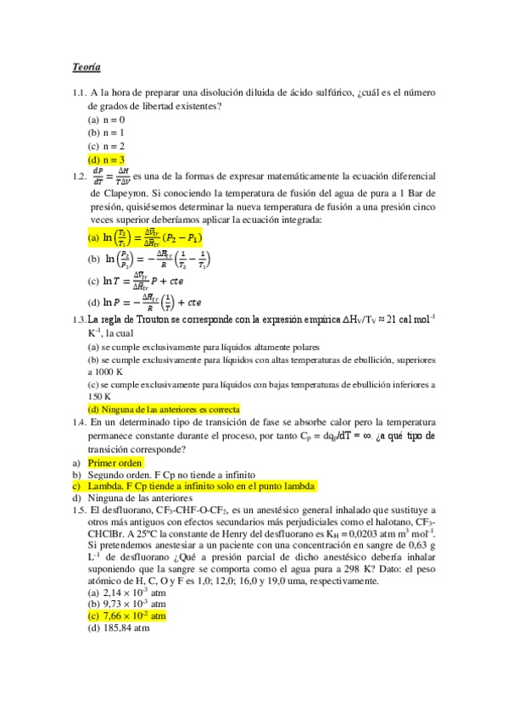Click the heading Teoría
(x=86, y=66)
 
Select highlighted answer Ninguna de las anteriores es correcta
(x=164, y=409)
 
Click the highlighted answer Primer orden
(x=115, y=463)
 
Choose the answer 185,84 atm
(x=119, y=628)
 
